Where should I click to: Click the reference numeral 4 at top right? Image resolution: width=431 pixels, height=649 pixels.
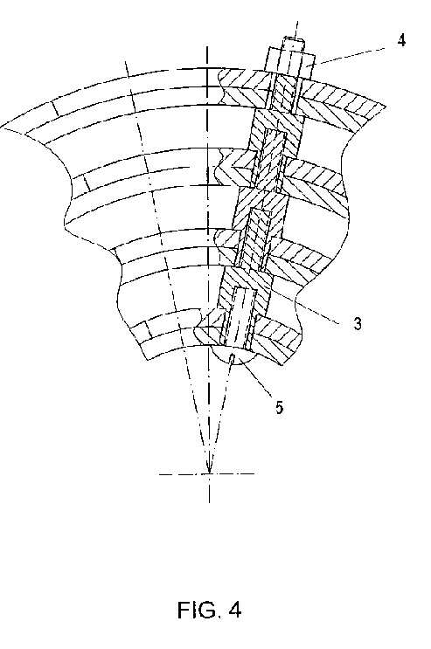tap(400, 40)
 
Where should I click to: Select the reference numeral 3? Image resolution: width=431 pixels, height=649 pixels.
tap(358, 323)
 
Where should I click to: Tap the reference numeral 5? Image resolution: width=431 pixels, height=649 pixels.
tap(280, 407)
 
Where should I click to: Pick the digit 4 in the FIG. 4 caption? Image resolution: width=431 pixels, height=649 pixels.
tap(234, 610)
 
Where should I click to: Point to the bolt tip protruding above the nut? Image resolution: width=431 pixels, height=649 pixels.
tap(295, 44)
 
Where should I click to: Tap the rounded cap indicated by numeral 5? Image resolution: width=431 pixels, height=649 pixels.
tap(233, 356)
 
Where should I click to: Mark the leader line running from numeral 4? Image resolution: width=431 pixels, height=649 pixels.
tap(351, 56)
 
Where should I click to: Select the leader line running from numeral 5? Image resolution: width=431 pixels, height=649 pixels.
tap(257, 380)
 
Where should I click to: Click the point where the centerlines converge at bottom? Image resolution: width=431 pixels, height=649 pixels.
tap(209, 473)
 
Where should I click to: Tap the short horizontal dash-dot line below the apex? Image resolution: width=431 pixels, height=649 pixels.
tap(207, 473)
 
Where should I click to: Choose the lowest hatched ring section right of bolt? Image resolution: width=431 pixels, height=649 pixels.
tap(275, 341)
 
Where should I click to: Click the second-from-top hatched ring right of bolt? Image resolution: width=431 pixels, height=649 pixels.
tap(316, 182)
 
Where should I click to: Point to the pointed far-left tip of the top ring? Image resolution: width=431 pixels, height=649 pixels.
tap(2, 126)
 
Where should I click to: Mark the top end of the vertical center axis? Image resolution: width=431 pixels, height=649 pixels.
tap(207, 47)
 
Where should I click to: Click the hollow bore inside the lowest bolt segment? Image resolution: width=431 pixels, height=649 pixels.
tap(240, 317)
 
